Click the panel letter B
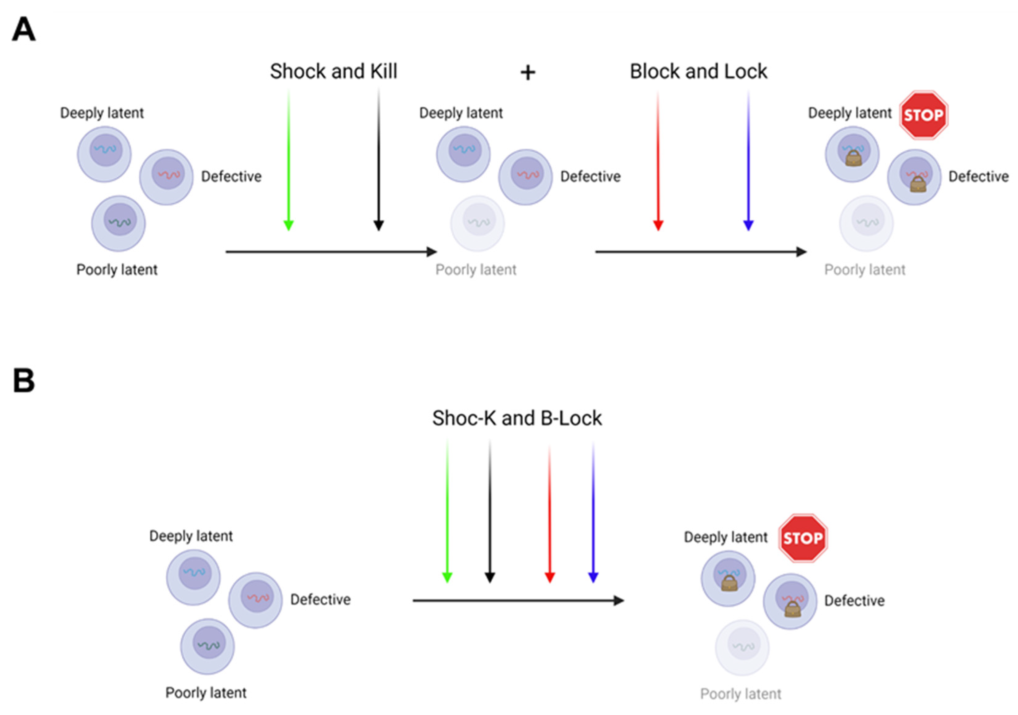24,380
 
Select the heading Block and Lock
698,71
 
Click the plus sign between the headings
528,73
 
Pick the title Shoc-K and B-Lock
517,418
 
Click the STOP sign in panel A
923,115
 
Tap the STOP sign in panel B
803,538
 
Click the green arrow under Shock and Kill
288,160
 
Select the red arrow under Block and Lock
658,160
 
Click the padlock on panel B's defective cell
792,609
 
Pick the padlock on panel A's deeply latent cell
853,158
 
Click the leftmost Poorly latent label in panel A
117,269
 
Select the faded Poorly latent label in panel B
741,694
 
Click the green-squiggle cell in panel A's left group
118,223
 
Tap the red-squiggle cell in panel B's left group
255,600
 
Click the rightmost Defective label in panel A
978,176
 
